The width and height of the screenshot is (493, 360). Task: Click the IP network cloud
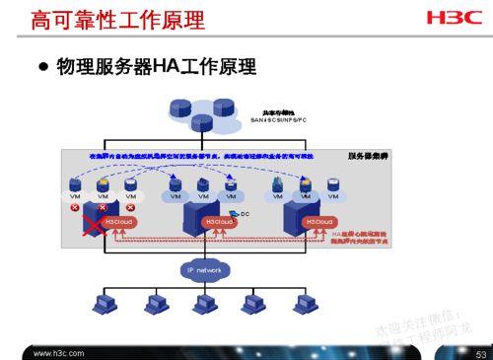click(204, 269)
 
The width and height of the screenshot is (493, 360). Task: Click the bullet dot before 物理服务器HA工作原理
click(43, 68)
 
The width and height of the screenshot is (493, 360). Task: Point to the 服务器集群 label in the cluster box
click(367, 156)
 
